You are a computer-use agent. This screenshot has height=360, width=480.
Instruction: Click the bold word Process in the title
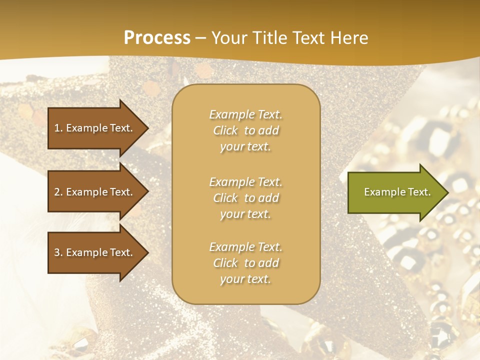[x=157, y=38]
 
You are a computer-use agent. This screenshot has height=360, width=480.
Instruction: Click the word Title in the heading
[x=270, y=38]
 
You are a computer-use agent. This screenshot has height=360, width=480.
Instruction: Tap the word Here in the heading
[x=349, y=38]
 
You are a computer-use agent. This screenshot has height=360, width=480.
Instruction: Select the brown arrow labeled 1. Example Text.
[x=95, y=128]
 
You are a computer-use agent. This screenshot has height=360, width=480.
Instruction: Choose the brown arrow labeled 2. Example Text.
[x=95, y=192]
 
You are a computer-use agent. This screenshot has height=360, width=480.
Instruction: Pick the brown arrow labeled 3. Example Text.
[x=95, y=252]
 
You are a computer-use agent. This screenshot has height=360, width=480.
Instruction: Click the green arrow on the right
[x=395, y=192]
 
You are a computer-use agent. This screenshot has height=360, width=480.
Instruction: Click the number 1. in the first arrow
[x=58, y=128]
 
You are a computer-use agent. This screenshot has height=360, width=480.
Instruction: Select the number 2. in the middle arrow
[x=58, y=192]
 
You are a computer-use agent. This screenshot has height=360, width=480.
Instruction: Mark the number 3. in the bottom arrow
[x=58, y=252]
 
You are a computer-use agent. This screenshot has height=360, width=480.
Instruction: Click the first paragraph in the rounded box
[x=245, y=130]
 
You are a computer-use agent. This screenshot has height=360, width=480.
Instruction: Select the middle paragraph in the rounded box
[x=245, y=198]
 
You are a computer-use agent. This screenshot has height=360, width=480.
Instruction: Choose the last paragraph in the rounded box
[x=245, y=263]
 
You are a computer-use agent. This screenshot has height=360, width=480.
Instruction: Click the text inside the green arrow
[x=397, y=192]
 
